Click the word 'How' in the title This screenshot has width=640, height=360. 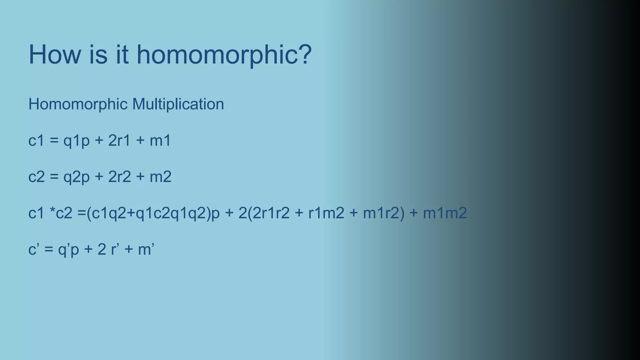click(55, 55)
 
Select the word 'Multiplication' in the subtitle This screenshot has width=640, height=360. click(178, 104)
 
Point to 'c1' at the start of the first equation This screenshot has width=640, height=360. click(36, 141)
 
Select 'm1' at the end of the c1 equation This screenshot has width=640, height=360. click(160, 141)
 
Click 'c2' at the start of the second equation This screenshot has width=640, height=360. click(37, 177)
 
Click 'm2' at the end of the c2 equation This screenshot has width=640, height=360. click(160, 177)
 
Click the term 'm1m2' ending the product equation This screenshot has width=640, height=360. click(445, 213)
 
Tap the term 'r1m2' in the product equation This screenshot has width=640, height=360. click(326, 213)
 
